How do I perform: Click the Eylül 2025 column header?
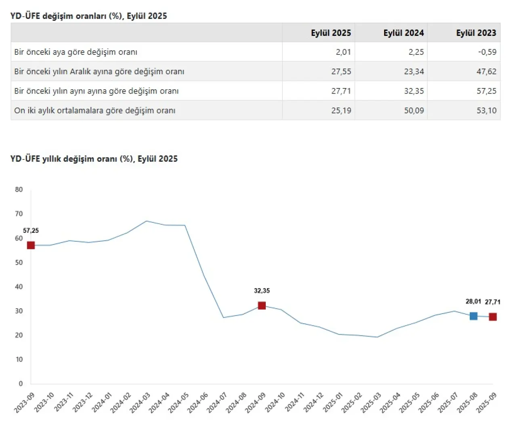(330, 33)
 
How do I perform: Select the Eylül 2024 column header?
(404, 33)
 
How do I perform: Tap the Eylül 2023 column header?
(476, 33)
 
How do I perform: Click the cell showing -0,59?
(487, 52)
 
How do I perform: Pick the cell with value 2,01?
(343, 52)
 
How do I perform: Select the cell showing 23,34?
(414, 71)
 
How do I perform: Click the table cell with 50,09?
(414, 111)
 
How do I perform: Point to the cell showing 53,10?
(486, 111)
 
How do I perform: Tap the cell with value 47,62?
(486, 71)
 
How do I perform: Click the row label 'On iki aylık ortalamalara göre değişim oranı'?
(95, 111)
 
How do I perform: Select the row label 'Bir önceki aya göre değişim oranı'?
(76, 52)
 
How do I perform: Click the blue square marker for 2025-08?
(473, 316)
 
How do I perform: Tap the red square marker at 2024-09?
(262, 305)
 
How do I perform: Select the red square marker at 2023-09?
(31, 245)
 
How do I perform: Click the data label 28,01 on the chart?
(473, 301)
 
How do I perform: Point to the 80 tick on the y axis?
(19, 190)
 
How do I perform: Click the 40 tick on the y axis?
(19, 287)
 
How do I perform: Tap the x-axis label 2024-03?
(140, 403)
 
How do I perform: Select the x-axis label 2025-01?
(333, 403)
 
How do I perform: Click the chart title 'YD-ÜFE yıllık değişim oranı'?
(94, 159)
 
